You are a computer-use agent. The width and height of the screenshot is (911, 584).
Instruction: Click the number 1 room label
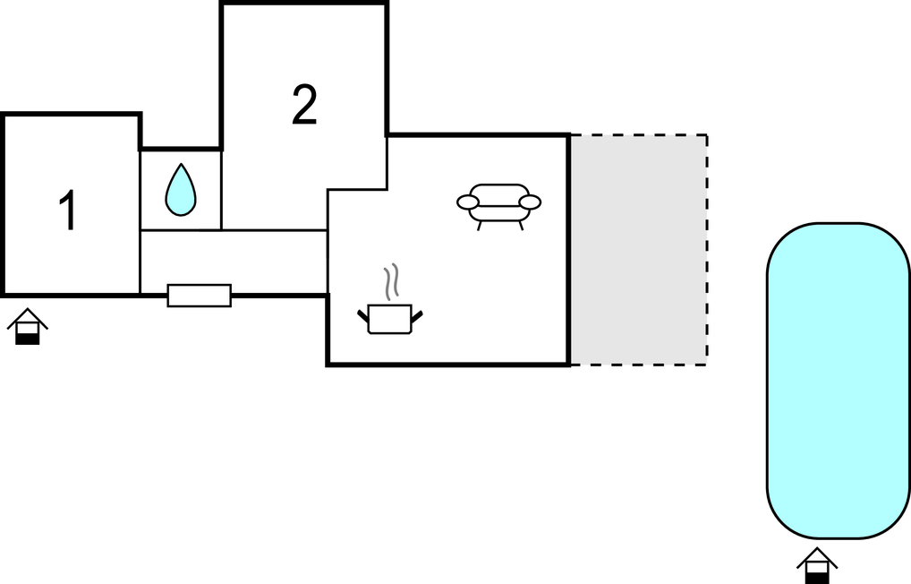69,210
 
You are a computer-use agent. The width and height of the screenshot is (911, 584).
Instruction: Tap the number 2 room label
304,105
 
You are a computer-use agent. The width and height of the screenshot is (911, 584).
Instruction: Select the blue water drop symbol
181,190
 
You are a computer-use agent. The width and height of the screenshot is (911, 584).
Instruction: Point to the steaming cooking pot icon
390,318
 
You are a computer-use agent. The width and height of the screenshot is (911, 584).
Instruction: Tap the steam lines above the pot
392,281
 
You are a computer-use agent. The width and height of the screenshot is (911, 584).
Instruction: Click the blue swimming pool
839,381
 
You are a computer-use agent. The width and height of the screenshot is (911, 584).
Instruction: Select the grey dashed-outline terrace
639,250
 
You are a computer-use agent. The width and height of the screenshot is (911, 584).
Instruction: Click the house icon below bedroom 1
28,326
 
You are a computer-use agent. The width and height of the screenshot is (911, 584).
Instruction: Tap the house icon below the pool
817,565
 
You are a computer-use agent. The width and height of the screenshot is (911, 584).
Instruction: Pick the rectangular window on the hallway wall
200,296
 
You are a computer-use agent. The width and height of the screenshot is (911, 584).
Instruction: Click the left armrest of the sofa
468,202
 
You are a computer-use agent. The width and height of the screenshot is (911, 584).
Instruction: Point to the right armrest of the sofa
530,202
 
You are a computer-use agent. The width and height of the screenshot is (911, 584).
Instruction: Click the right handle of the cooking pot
417,316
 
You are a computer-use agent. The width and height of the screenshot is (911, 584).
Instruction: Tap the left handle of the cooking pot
363,316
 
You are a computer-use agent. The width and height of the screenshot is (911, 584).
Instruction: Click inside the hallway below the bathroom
234,262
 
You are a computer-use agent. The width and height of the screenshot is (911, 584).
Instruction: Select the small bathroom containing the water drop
181,190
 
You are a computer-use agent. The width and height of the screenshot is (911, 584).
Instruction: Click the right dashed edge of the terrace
707,250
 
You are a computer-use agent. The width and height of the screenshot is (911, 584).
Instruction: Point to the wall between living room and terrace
568,250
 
